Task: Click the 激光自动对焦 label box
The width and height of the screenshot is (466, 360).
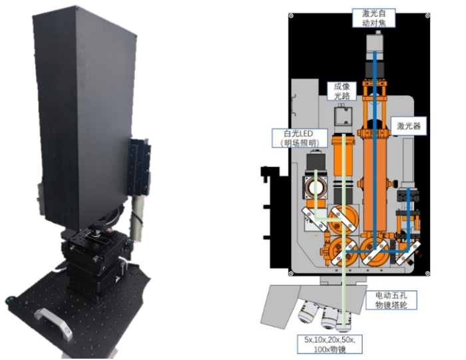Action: click(x=377, y=17)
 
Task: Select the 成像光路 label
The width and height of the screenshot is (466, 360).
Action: click(x=342, y=91)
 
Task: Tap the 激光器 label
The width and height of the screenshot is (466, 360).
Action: click(x=410, y=125)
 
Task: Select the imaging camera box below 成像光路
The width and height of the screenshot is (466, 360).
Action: click(x=344, y=118)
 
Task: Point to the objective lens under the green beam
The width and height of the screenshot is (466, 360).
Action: click(x=345, y=319)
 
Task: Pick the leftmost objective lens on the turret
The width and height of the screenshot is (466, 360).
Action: click(x=310, y=310)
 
